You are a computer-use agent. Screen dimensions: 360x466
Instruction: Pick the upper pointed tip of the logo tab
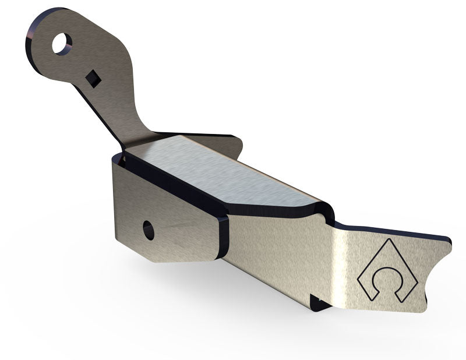pyautogui.click(x=449, y=241)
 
